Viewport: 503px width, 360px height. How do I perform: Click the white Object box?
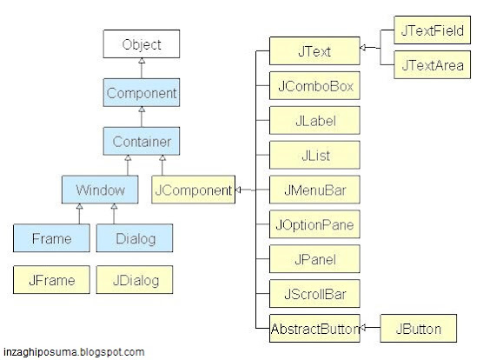[142, 44]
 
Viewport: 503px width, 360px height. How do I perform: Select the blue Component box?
[142, 92]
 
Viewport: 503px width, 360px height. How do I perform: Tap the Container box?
[142, 140]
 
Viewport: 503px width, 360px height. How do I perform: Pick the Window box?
[100, 189]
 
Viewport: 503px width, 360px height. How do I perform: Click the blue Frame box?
[50, 237]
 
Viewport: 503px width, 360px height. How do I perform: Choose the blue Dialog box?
[135, 237]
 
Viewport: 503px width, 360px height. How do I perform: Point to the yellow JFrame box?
[50, 280]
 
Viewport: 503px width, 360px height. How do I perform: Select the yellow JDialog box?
[135, 280]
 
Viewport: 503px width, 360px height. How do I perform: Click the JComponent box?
[193, 189]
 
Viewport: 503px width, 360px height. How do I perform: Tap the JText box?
[314, 50]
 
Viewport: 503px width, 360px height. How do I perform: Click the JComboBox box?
[314, 86]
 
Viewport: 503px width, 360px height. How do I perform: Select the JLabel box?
[314, 121]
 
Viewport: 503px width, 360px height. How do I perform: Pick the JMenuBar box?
[314, 189]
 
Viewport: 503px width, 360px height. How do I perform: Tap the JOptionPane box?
[314, 223]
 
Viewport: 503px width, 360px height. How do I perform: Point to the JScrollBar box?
[314, 293]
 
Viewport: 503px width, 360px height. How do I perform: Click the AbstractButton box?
[314, 328]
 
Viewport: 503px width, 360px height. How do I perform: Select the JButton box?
[418, 328]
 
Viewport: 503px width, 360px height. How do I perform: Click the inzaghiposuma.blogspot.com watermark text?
[73, 352]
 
